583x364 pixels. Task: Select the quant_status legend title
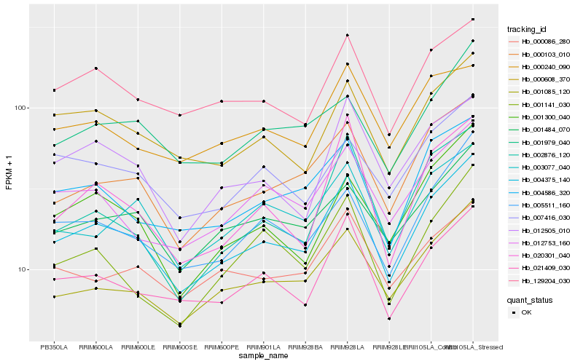(x=530, y=299)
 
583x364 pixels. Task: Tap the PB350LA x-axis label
(x=54, y=347)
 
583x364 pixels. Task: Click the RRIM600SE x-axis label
(x=179, y=347)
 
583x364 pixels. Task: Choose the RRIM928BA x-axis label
(x=305, y=347)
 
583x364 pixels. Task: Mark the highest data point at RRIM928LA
(x=348, y=35)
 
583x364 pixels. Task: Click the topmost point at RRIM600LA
(x=96, y=68)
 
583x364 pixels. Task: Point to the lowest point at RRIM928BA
(x=305, y=305)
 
